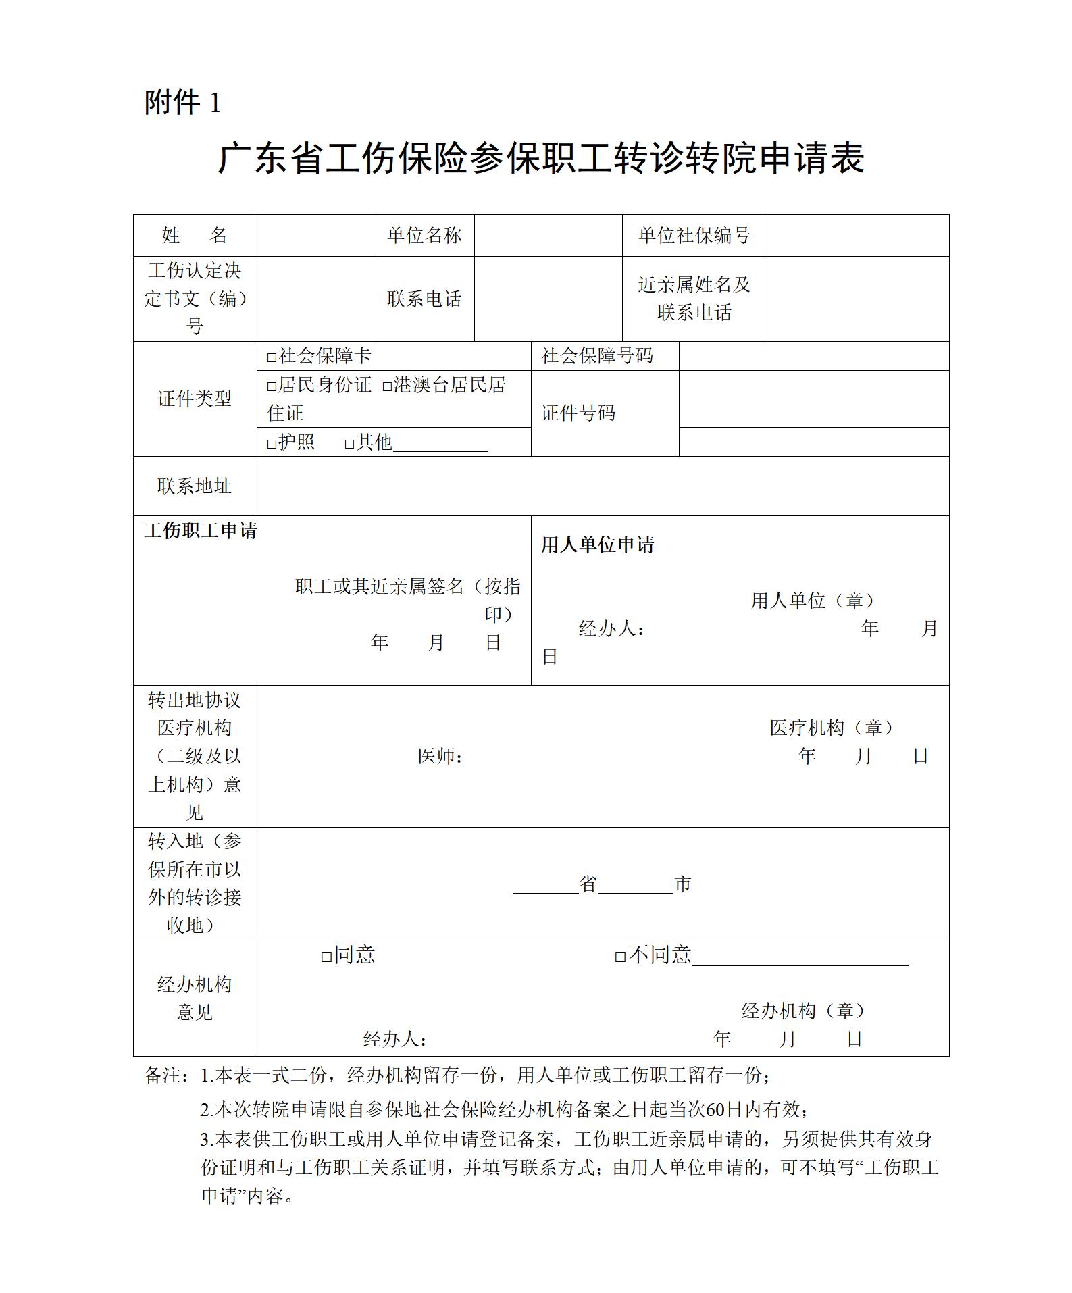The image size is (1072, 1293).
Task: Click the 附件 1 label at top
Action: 182,103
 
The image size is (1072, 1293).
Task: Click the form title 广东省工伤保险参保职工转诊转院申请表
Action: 540,159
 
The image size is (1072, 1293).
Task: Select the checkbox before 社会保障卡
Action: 272,357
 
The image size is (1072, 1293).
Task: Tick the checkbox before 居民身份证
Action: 272,386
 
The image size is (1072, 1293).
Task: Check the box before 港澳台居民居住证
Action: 387,386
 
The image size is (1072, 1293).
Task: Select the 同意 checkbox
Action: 326,957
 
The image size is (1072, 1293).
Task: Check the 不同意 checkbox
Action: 620,957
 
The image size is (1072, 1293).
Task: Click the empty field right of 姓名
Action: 315,235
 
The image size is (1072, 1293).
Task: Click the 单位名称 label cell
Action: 424,235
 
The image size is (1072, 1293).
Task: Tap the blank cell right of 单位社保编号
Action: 857,235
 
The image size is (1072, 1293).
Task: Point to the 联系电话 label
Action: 424,299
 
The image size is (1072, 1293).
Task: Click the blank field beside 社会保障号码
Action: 813,356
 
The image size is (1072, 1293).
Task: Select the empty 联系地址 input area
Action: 603,486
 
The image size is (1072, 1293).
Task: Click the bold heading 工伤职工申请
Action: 201,531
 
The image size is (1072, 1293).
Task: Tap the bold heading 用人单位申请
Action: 598,545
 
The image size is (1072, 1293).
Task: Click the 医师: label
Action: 440,756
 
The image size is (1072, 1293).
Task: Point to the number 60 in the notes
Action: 715,1109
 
